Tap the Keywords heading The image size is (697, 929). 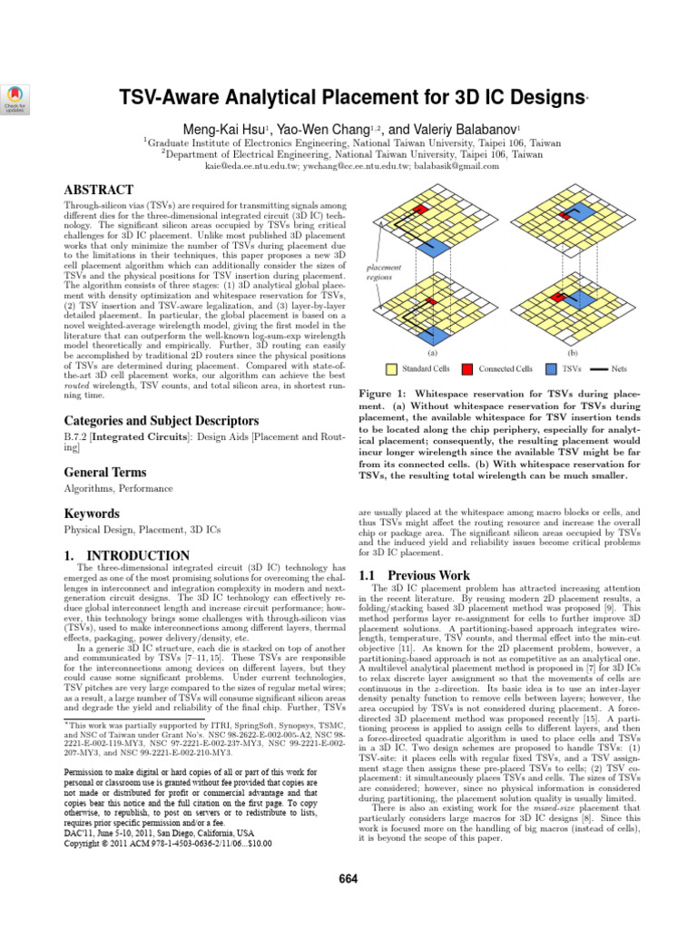click(91, 514)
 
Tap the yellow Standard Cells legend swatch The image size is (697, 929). click(393, 369)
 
